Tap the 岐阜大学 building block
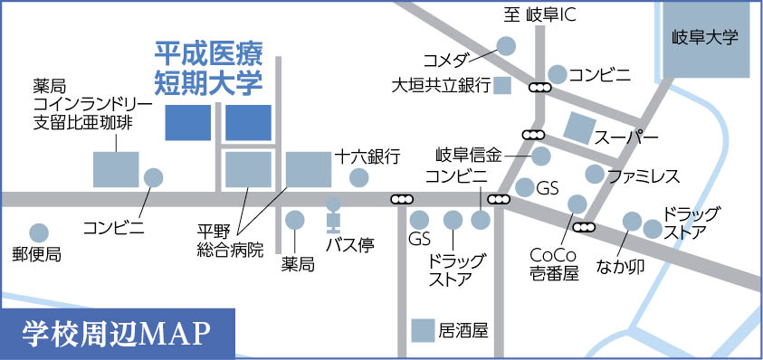pyautogui.click(x=706, y=39)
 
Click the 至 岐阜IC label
pyautogui.click(x=540, y=15)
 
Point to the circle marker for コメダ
pyautogui.click(x=506, y=44)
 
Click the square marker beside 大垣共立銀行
pyautogui.click(x=503, y=86)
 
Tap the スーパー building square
pyautogui.click(x=580, y=130)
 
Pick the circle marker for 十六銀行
pyautogui.click(x=359, y=176)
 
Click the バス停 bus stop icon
pyautogui.click(x=333, y=214)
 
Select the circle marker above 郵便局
pyautogui.click(x=38, y=232)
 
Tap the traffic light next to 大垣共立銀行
pyautogui.click(x=540, y=88)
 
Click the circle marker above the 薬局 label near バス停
pyautogui.click(x=295, y=219)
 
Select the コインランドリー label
pyautogui.click(x=82, y=104)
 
